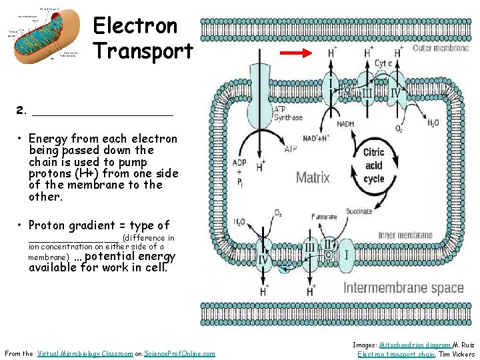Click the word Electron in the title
[135, 26]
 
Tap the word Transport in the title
[143, 51]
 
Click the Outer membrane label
[441, 49]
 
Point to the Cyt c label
[383, 63]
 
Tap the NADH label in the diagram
[345, 124]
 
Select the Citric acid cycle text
[373, 165]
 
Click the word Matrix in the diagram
[313, 177]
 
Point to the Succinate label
[359, 211]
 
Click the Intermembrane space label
[403, 288]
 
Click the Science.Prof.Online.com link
[180, 353]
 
